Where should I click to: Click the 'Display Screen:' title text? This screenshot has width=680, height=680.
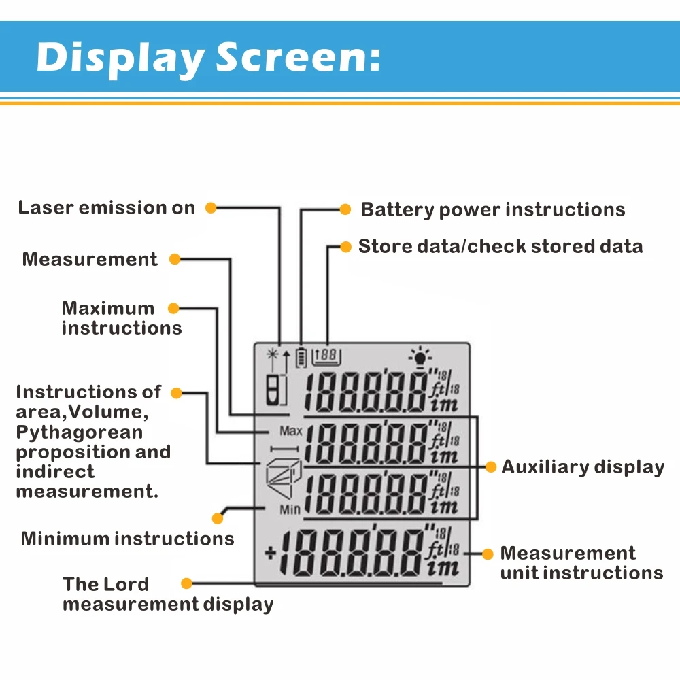[x=208, y=57]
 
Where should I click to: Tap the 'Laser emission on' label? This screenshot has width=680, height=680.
[x=107, y=208]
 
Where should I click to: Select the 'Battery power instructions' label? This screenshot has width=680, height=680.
[x=492, y=209]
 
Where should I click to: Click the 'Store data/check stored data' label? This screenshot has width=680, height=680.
[x=500, y=246]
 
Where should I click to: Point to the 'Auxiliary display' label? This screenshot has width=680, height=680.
[x=583, y=467]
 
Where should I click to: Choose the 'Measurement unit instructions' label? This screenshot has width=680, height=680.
[x=581, y=563]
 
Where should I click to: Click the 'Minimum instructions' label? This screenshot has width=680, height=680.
[x=127, y=539]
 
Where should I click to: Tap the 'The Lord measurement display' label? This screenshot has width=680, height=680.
[x=167, y=594]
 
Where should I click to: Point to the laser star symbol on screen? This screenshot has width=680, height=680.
[x=273, y=354]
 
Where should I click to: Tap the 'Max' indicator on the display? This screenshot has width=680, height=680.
[x=290, y=431]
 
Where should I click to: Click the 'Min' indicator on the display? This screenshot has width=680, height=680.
[x=289, y=509]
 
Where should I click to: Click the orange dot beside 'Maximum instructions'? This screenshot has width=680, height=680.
[x=173, y=308]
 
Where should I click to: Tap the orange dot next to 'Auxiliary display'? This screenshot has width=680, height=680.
[x=490, y=466]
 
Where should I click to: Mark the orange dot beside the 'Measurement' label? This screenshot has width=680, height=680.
[x=174, y=259]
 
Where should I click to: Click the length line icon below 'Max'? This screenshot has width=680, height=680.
[x=284, y=448]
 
